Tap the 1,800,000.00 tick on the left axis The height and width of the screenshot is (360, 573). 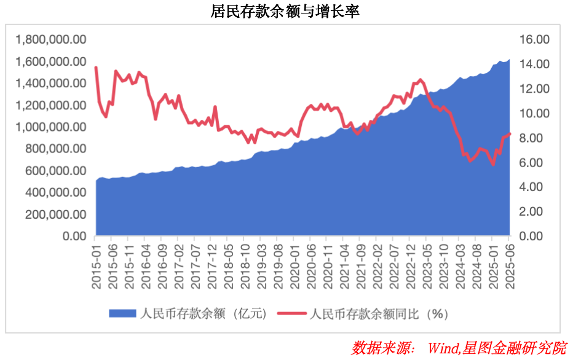pyautogui.click(x=51, y=40)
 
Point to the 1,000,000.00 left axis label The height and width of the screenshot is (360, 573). pyautogui.click(x=51, y=127)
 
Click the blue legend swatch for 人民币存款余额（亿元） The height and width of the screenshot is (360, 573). pyautogui.click(x=122, y=313)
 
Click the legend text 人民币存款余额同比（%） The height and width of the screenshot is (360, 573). pyautogui.click(x=377, y=313)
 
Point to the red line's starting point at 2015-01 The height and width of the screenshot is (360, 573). pyautogui.click(x=96, y=68)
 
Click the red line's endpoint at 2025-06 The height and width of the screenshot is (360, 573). pyautogui.click(x=510, y=135)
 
